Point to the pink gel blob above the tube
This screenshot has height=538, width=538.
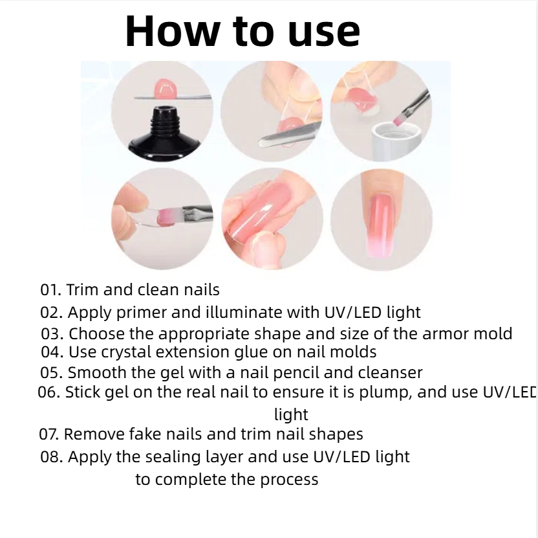(x=166, y=88)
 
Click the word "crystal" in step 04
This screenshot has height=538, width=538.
(x=126, y=352)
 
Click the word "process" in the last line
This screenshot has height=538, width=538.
(x=289, y=480)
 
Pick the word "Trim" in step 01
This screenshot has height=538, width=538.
(x=82, y=289)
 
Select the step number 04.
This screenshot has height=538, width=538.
(x=52, y=352)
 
